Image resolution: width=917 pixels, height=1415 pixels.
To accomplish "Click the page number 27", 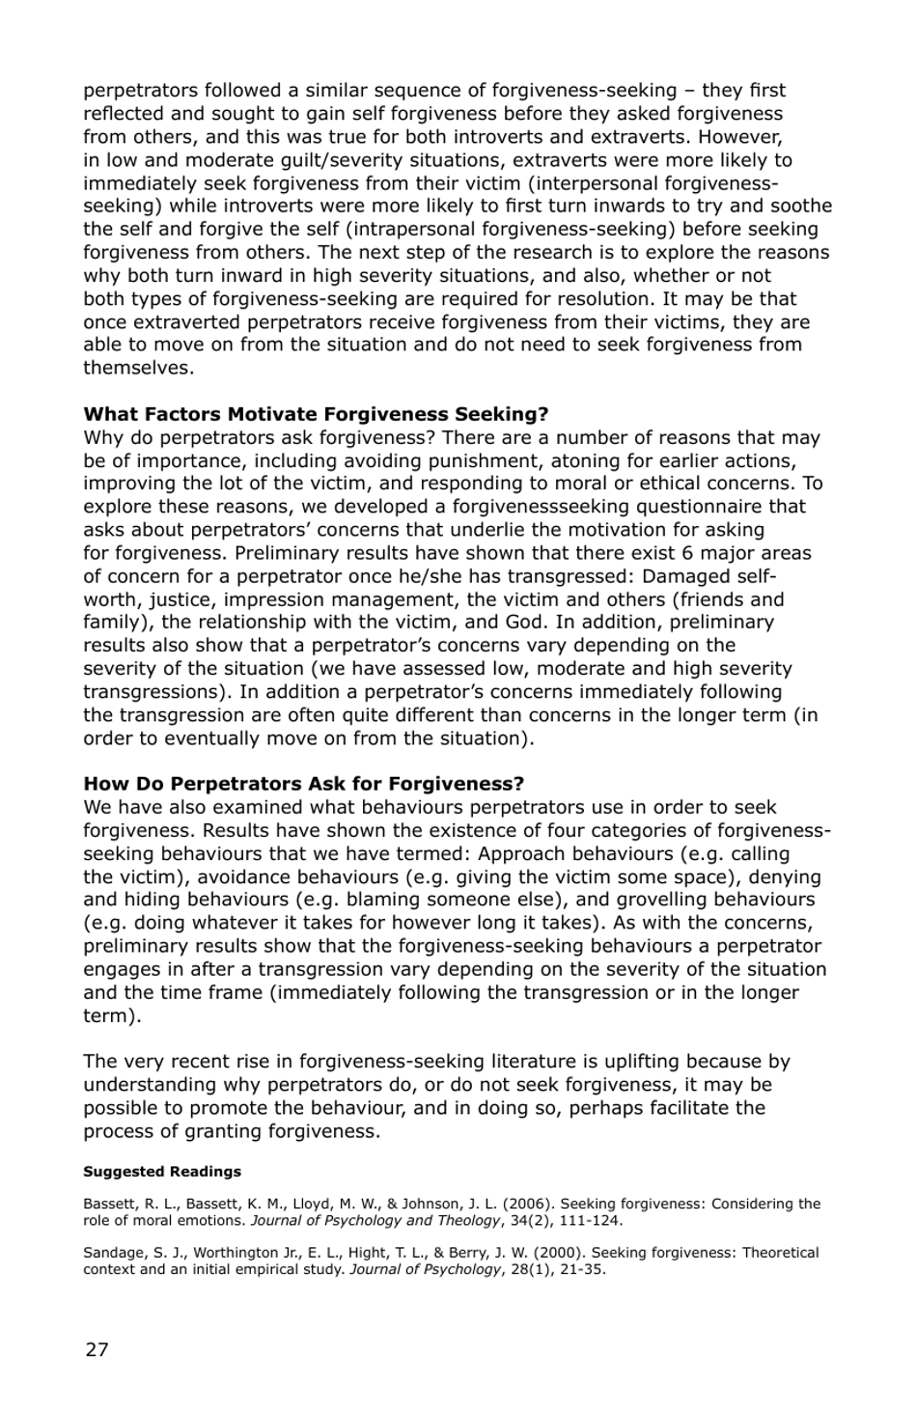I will click(x=97, y=1349).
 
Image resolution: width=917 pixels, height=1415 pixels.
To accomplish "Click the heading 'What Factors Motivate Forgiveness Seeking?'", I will click(x=316, y=414).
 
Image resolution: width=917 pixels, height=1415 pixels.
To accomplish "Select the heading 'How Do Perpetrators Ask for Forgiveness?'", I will click(x=303, y=784).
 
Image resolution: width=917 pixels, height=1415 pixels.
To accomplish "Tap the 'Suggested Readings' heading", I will click(x=162, y=1172).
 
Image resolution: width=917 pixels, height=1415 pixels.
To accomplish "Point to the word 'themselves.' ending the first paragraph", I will click(x=138, y=368).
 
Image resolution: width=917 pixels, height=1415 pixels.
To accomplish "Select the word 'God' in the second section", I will click(x=525, y=623).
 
